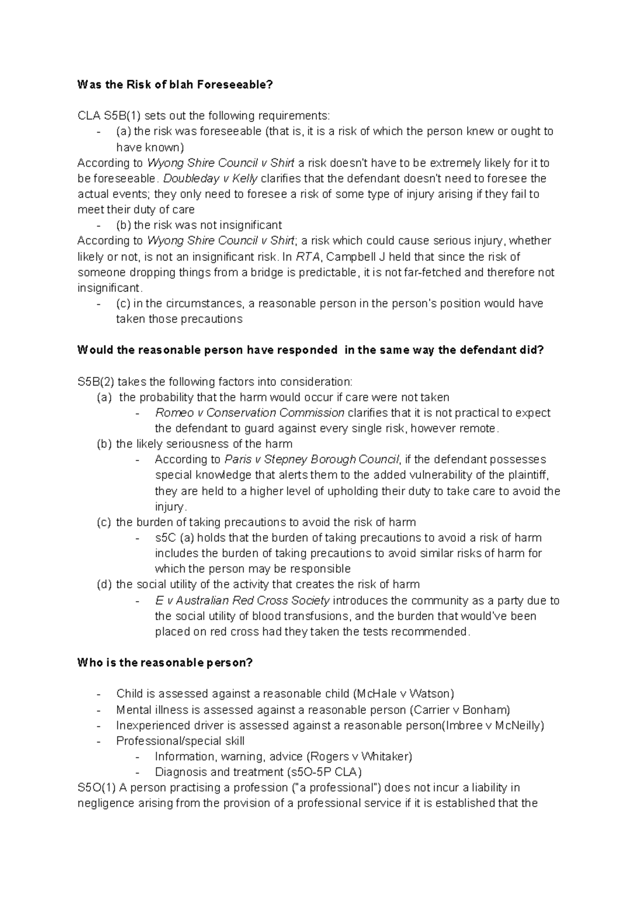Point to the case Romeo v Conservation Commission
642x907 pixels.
(249, 413)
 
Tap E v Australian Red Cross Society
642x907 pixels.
(242, 601)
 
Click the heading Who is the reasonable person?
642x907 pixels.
(165, 663)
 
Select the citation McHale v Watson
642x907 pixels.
(403, 694)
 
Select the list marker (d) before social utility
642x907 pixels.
(104, 585)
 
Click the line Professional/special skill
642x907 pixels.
(180, 741)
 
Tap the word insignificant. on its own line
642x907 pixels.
(110, 288)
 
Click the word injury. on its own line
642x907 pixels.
(171, 506)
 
